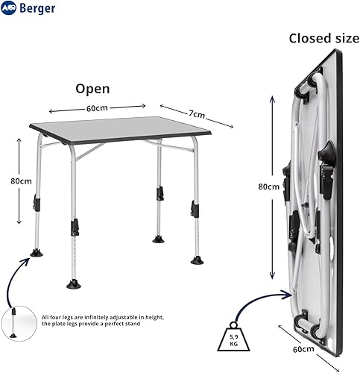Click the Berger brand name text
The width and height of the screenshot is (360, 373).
point(37,8)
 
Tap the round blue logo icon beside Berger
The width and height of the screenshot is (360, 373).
point(8,8)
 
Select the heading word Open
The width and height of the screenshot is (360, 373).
point(92,89)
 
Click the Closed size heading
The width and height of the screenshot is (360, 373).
point(324,39)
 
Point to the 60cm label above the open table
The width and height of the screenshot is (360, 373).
point(97,108)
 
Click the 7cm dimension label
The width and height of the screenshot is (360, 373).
point(197,114)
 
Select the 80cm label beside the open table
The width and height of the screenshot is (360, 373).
point(21,181)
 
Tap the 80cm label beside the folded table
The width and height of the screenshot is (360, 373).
point(269,186)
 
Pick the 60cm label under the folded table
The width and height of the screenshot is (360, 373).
point(303,349)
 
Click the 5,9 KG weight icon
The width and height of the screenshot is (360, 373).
point(233,337)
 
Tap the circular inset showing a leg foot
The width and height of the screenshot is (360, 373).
point(19,324)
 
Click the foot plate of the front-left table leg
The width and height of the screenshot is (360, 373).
point(74,284)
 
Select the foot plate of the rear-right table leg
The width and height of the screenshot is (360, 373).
point(158,239)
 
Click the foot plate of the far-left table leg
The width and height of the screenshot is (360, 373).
point(37,254)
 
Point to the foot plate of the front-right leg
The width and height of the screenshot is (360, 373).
point(198,260)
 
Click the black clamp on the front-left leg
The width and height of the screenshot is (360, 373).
point(75,228)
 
